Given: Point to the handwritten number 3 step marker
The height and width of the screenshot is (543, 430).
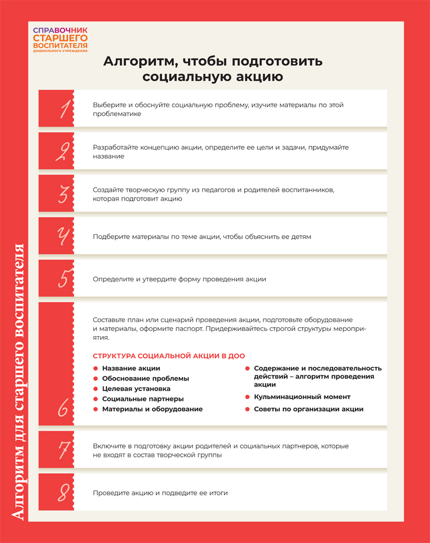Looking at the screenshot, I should click(64, 194).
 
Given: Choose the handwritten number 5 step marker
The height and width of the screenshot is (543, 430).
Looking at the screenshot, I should click(64, 278).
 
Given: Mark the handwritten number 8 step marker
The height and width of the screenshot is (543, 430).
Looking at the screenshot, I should click(64, 492).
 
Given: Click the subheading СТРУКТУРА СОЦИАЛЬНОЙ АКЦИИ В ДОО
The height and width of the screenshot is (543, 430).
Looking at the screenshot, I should click(168, 356).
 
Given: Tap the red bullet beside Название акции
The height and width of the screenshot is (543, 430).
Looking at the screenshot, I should click(95, 368).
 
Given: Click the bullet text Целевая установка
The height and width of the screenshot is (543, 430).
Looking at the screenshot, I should click(136, 389).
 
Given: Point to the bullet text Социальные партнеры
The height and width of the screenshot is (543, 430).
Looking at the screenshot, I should click(143, 399).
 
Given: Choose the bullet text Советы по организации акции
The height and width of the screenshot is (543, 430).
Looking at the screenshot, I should click(308, 409).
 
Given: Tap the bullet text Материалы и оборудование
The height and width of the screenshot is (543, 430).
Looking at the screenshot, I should click(152, 409).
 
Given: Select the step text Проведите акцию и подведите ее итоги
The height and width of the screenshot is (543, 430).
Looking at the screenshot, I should click(160, 493).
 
